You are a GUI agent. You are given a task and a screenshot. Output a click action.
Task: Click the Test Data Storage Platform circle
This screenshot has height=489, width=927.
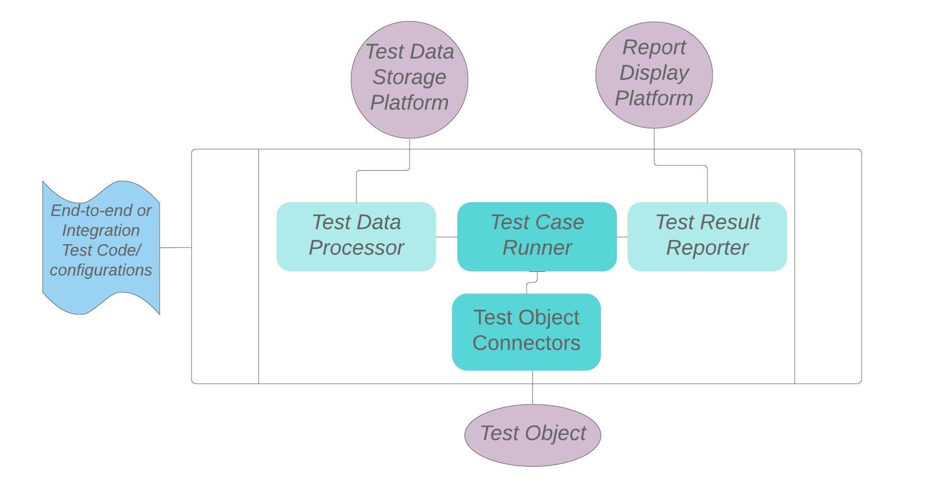point(409,80)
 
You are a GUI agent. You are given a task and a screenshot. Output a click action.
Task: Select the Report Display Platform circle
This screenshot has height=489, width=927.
point(654,74)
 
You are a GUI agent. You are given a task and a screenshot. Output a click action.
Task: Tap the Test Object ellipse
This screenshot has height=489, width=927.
point(532,435)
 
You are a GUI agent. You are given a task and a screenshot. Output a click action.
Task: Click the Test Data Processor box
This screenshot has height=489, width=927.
point(356,236)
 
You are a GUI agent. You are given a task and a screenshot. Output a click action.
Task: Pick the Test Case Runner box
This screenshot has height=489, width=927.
point(537,236)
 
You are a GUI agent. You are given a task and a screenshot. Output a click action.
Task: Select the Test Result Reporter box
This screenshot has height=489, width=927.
point(707,236)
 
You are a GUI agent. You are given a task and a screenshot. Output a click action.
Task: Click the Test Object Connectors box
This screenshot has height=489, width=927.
point(526,331)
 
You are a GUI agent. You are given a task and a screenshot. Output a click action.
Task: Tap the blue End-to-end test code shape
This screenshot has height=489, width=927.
point(101,247)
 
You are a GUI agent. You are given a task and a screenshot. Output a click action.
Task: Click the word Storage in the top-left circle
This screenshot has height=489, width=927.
point(409,77)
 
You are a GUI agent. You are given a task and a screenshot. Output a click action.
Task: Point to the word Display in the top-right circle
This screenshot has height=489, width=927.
point(654,73)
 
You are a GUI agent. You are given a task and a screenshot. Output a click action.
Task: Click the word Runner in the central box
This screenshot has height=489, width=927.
point(537,248)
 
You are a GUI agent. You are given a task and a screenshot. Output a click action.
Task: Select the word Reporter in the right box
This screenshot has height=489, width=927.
point(707,248)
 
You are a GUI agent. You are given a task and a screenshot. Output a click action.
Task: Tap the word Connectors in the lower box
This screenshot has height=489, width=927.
point(526,343)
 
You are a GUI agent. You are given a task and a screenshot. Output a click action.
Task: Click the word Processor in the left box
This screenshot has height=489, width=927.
point(356,248)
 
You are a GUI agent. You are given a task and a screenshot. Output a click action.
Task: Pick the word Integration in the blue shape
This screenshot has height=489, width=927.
point(101,230)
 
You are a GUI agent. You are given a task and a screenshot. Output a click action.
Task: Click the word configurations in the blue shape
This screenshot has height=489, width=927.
point(101,270)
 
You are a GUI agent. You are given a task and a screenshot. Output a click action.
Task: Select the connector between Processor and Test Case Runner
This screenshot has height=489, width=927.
point(447,237)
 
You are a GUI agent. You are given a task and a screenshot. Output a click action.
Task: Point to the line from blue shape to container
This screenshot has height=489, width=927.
point(176,247)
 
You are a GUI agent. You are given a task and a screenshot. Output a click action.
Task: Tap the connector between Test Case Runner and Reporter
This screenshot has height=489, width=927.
point(622,237)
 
